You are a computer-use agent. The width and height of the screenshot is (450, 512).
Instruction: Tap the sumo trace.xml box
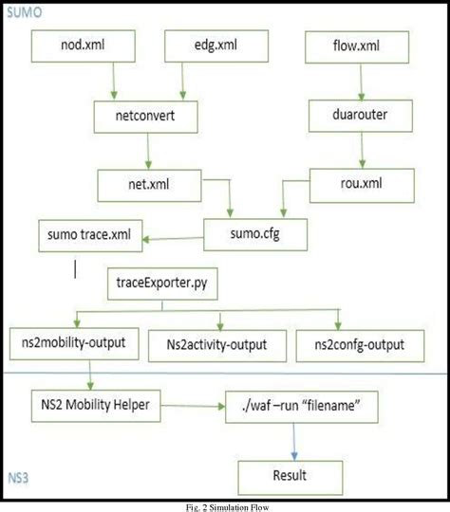(x=84, y=232)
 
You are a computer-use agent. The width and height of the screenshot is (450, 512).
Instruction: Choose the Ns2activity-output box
(x=221, y=342)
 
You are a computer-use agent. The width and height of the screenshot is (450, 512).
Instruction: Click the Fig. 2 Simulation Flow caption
(x=224, y=505)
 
